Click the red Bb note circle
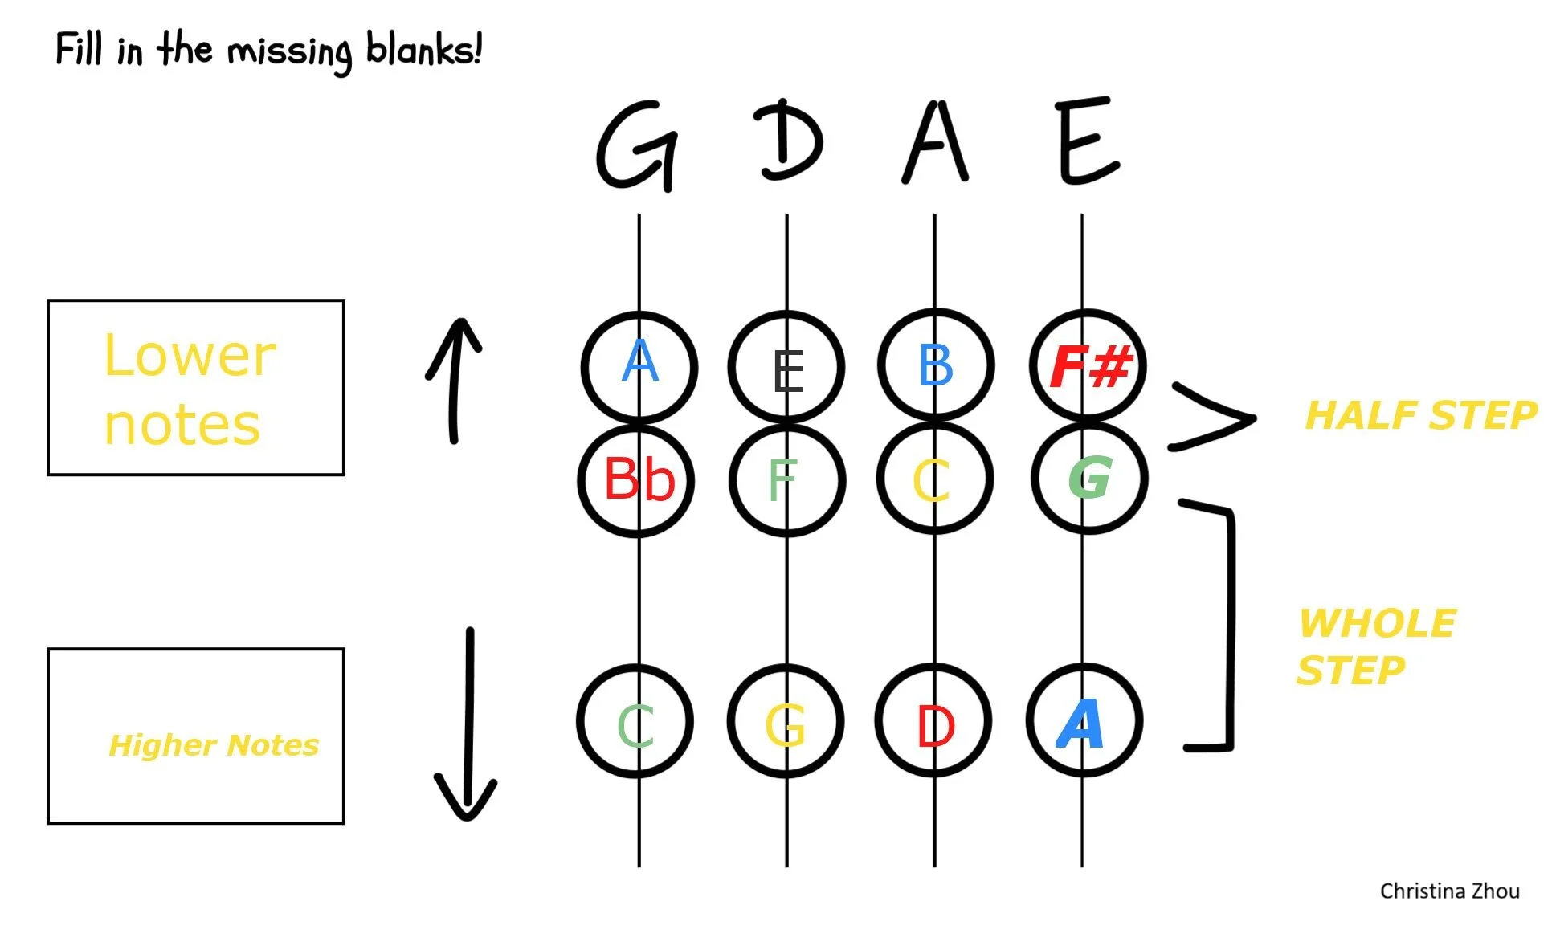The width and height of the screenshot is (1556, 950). (636, 480)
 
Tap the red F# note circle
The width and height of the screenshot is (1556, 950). (1088, 366)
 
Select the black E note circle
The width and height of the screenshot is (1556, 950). (786, 368)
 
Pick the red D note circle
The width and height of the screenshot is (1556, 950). (933, 721)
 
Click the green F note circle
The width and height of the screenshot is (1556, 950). (786, 480)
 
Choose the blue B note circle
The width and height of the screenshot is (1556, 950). (936, 366)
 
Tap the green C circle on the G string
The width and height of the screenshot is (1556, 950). (635, 721)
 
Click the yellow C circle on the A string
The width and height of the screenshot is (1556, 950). (934, 479)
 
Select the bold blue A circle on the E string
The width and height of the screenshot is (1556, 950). (1083, 721)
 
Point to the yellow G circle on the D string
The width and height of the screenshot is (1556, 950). (785, 721)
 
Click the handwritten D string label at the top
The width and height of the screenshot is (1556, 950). (789, 141)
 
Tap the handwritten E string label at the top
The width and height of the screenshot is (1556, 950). (1086, 141)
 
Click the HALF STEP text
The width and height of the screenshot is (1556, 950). (1420, 416)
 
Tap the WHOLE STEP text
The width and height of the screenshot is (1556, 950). (1375, 646)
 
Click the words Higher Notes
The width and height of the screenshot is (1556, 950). (214, 745)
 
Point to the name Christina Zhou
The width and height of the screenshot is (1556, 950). (1449, 891)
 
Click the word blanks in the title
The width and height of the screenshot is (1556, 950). (423, 50)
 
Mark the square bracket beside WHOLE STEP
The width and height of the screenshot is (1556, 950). (1227, 626)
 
